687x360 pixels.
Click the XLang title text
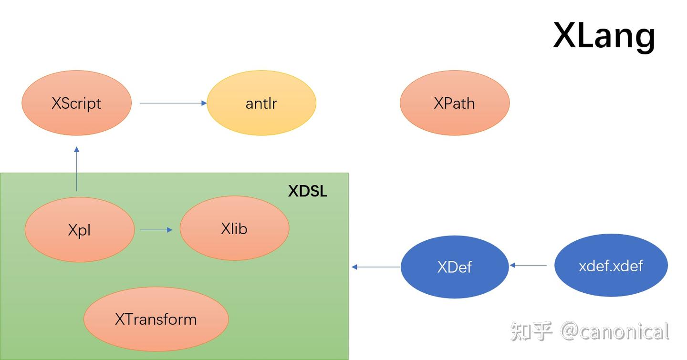604,35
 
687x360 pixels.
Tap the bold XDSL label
308,191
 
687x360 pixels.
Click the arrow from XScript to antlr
173,103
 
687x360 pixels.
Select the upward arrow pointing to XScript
76,169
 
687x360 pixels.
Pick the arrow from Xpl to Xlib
156,230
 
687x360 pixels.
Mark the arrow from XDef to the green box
376,267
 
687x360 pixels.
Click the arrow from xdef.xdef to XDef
529,265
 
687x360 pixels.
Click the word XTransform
156,319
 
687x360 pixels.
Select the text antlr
261,103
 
